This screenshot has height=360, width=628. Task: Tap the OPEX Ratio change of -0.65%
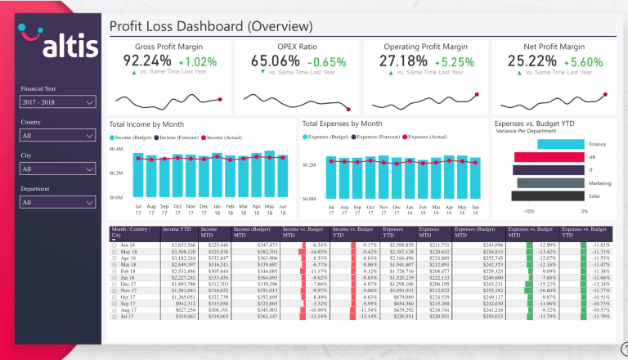pyautogui.click(x=328, y=61)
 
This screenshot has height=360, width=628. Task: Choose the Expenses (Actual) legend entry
pyautogui.click(x=427, y=137)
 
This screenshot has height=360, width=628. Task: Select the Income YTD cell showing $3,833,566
pyautogui.click(x=180, y=245)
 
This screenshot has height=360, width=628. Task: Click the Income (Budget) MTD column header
pyautogui.click(x=254, y=232)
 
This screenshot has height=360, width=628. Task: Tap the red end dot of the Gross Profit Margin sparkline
pyautogui.click(x=221, y=100)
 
